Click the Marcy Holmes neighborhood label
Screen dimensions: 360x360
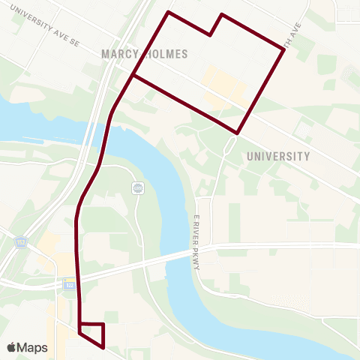[144, 54]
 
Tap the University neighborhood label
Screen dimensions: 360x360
[277, 157]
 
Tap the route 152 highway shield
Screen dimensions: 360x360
[20, 241]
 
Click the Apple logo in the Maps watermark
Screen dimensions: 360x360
[11, 347]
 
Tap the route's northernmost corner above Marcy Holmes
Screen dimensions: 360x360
[169, 12]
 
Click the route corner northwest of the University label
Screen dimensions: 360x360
[237, 133]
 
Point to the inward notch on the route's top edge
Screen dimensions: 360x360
[211, 34]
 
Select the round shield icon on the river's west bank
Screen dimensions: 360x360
[137, 187]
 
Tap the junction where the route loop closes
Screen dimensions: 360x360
[133, 76]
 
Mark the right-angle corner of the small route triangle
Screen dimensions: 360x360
[103, 324]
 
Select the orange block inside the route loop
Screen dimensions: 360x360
[225, 86]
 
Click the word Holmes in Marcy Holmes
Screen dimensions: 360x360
[165, 54]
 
